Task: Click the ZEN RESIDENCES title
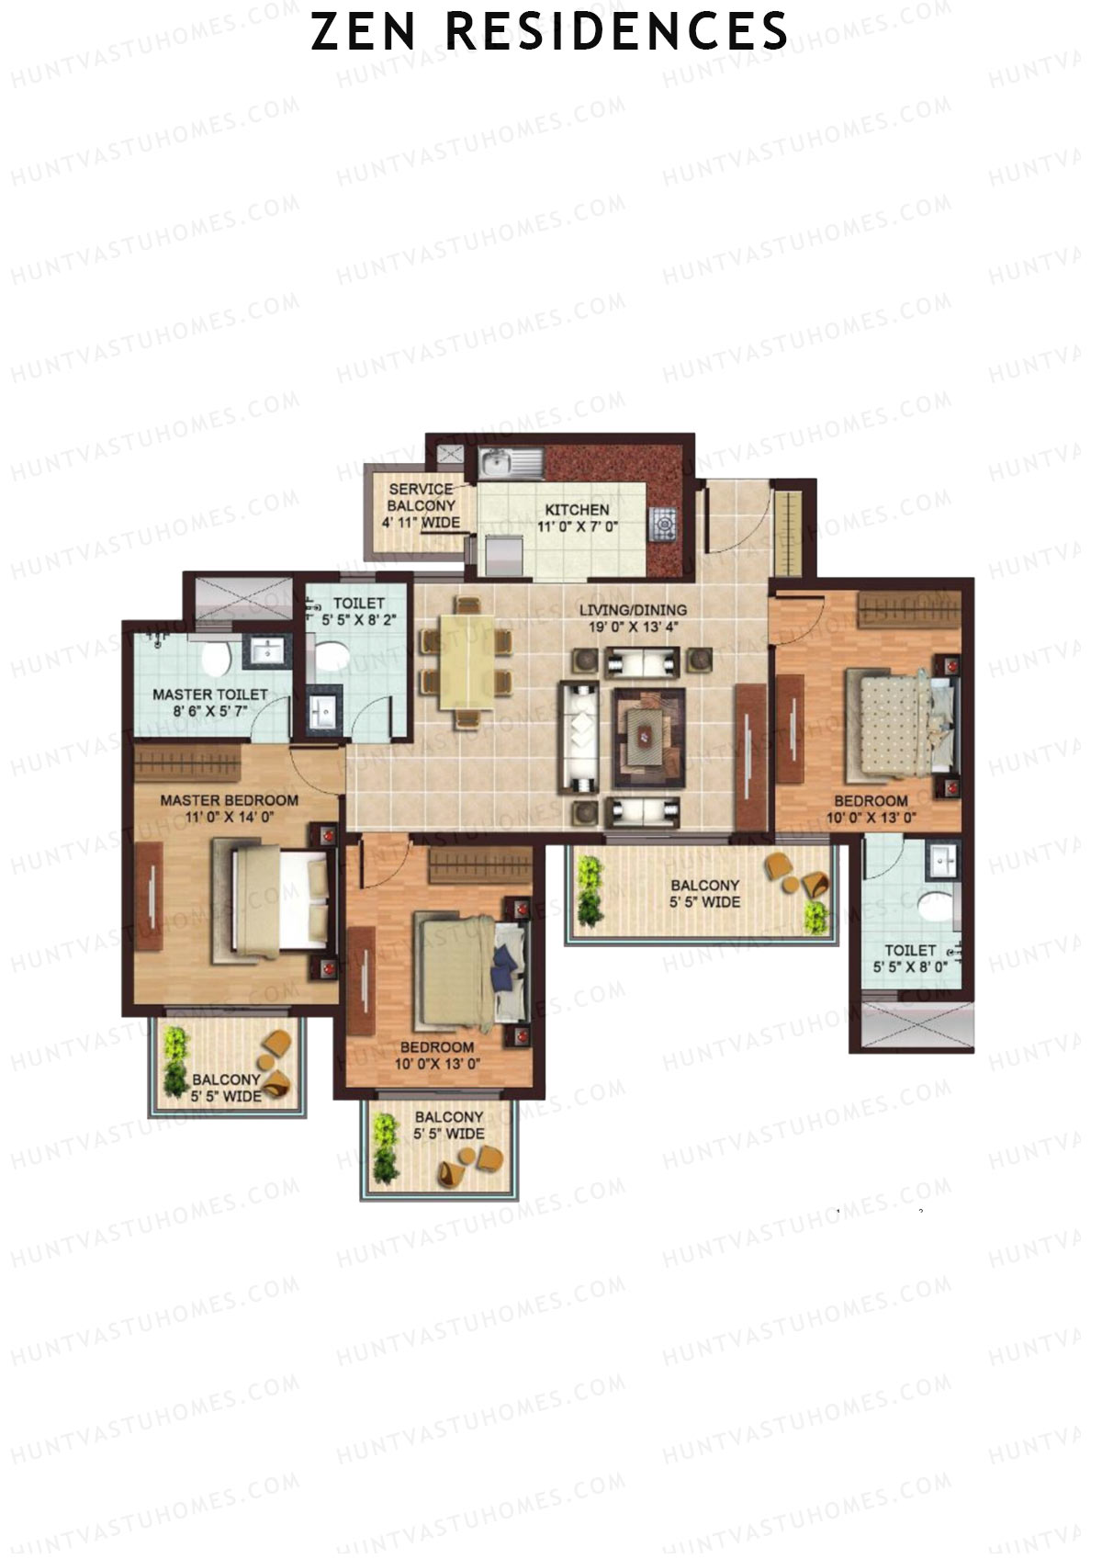click(x=549, y=31)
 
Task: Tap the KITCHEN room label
click(x=577, y=510)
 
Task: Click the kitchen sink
click(x=511, y=464)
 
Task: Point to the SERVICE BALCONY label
click(x=421, y=498)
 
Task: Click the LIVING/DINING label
click(x=633, y=610)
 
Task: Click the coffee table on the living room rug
click(x=648, y=737)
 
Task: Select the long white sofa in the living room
click(x=579, y=738)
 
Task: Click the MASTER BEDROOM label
click(x=229, y=800)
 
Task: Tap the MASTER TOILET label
click(x=210, y=695)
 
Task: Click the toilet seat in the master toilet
click(x=217, y=658)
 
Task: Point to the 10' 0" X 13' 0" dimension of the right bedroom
click(x=871, y=818)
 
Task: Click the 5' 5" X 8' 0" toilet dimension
click(x=910, y=967)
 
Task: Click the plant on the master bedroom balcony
click(x=176, y=1061)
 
